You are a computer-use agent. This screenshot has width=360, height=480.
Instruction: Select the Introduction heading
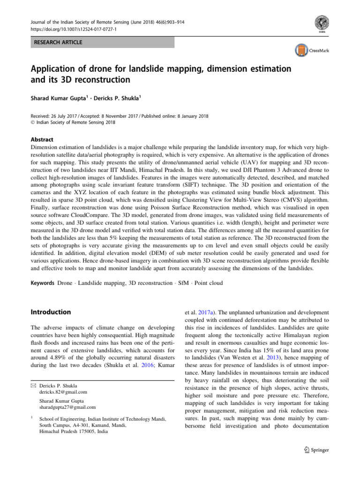[x=51, y=312]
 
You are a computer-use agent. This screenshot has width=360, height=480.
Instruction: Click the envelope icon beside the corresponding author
[x=33, y=385]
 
